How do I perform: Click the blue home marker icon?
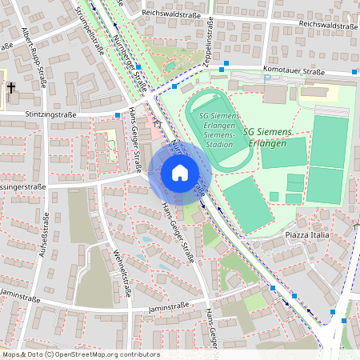click(179, 172)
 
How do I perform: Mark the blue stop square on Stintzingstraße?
click(118, 114)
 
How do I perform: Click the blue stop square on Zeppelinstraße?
click(227, 62)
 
